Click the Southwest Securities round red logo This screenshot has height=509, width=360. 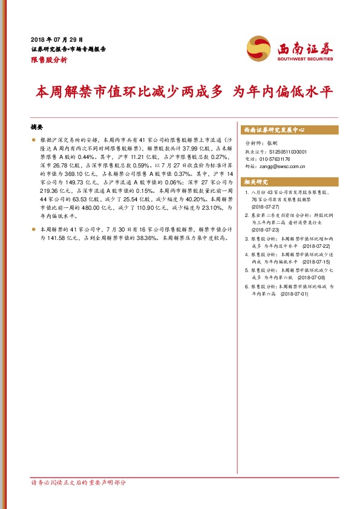click(258, 48)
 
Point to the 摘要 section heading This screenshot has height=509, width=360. click(37, 128)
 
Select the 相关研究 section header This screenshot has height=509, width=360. click(255, 181)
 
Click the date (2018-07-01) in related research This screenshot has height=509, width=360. click(293, 294)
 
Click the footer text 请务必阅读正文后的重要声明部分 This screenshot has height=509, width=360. click(79, 483)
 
